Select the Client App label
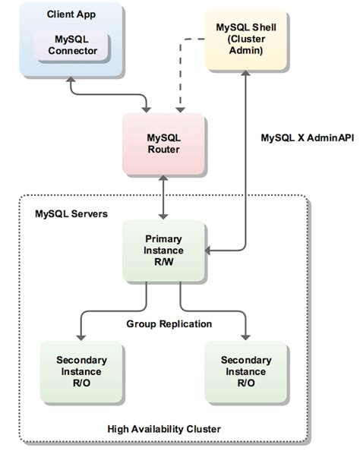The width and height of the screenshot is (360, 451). click(x=66, y=14)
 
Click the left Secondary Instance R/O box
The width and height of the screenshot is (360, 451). click(x=81, y=371)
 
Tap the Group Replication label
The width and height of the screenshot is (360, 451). click(x=169, y=323)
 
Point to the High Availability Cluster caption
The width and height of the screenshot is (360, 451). click(x=163, y=429)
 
